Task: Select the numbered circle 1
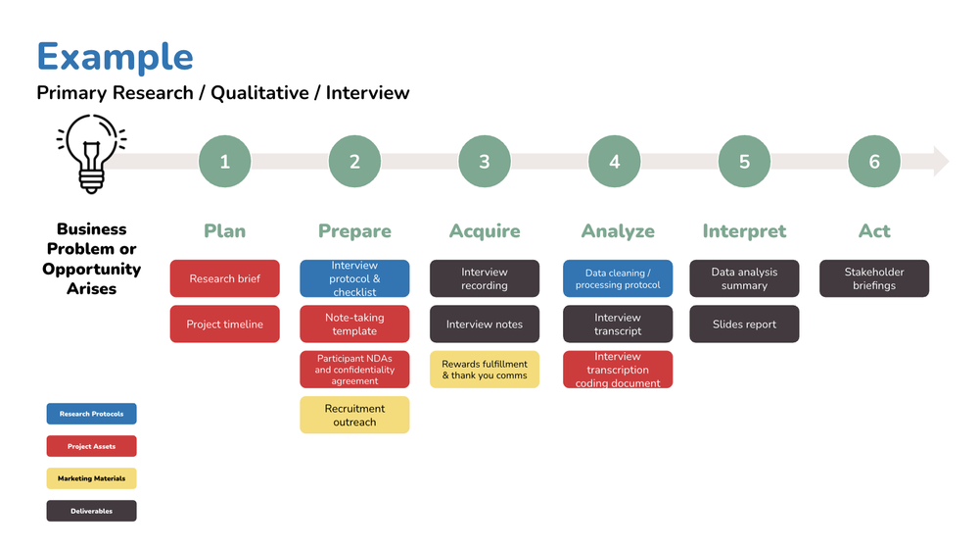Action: pyautogui.click(x=224, y=162)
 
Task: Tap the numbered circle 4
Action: pyautogui.click(x=615, y=162)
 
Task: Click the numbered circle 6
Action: pyautogui.click(x=874, y=162)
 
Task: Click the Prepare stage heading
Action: pyautogui.click(x=354, y=231)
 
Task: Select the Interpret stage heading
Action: pyautogui.click(x=744, y=231)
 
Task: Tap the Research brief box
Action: pyautogui.click(x=225, y=278)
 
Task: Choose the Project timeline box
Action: pyautogui.click(x=225, y=324)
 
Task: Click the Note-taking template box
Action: pyautogui.click(x=354, y=324)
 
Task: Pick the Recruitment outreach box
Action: pyautogui.click(x=354, y=415)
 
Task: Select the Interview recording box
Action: pyautogui.click(x=485, y=278)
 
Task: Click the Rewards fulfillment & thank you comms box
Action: pyautogui.click(x=485, y=370)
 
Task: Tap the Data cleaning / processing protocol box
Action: pyautogui.click(x=618, y=278)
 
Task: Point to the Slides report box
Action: pyautogui.click(x=744, y=324)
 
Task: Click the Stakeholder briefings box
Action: pyautogui.click(x=874, y=278)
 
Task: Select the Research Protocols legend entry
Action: pyautogui.click(x=92, y=414)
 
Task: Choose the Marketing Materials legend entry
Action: pyautogui.click(x=92, y=478)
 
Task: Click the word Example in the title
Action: pyautogui.click(x=115, y=57)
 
